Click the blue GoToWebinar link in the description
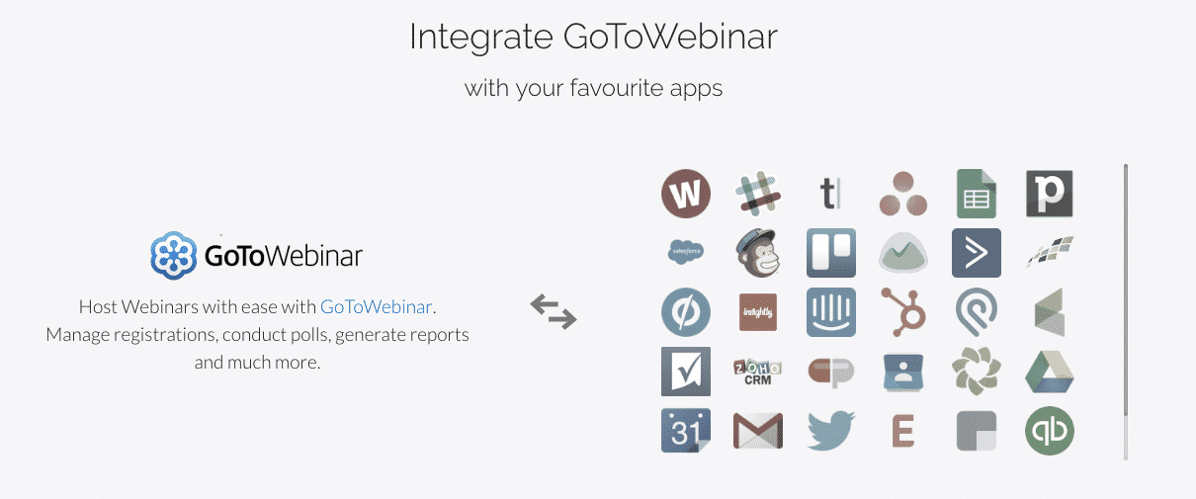376,307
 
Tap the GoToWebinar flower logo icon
174,256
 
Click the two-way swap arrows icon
554,311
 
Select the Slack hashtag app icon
758,194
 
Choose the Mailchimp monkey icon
758,253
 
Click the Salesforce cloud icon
686,251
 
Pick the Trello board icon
831,253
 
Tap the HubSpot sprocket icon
902,312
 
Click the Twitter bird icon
831,430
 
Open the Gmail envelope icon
758,430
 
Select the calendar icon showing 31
686,430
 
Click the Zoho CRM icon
758,372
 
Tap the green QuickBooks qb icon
1049,430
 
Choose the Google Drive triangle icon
1049,372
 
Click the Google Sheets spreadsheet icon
976,194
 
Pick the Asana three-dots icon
902,194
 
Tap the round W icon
686,194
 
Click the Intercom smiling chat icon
831,312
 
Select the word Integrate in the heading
481,38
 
